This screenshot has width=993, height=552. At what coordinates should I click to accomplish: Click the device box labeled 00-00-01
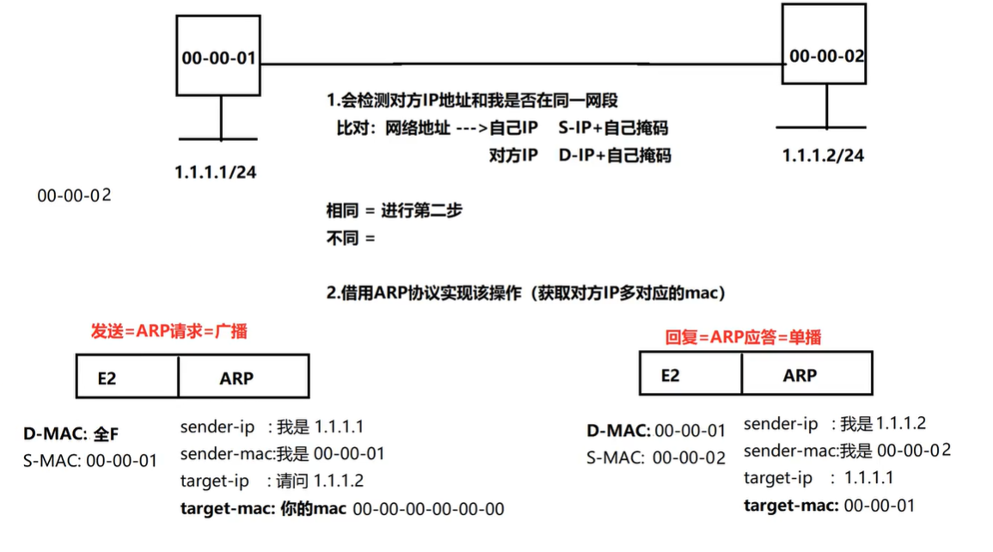(218, 58)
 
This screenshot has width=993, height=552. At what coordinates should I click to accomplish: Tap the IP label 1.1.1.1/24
(215, 172)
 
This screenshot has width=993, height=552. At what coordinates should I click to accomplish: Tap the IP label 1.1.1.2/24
(823, 156)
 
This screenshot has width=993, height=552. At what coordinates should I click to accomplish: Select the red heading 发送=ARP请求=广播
(169, 331)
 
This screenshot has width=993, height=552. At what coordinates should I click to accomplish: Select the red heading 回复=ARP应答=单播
(743, 337)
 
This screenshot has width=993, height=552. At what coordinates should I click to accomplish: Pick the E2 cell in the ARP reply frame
(690, 374)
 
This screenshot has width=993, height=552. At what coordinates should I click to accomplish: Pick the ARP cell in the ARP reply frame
(806, 374)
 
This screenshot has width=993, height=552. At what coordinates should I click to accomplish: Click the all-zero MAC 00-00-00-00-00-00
(428, 509)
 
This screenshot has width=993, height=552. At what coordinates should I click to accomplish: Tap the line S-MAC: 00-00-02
(656, 457)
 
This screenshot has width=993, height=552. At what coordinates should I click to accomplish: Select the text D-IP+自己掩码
(614, 156)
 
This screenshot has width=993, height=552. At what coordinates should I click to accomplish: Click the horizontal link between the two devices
(521, 64)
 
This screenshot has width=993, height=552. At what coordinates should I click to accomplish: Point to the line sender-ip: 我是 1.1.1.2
(834, 424)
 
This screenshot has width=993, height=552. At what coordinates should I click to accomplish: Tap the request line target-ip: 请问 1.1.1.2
(272, 481)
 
